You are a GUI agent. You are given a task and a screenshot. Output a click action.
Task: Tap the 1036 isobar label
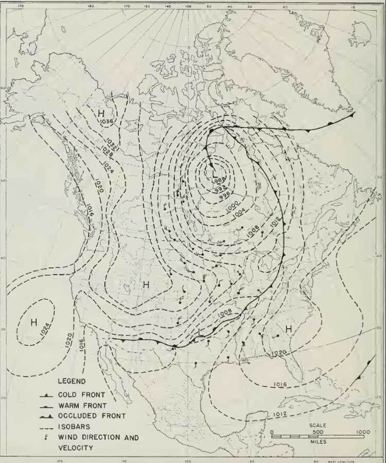click(x=107, y=121)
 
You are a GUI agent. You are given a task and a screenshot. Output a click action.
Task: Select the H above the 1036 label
click(x=101, y=113)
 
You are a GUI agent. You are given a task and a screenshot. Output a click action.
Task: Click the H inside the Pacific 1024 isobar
click(x=34, y=323)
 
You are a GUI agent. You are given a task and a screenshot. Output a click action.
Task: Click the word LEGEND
click(x=72, y=381)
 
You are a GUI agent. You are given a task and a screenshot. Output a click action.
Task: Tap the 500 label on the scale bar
click(x=317, y=432)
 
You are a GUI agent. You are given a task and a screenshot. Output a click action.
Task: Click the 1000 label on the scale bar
click(x=363, y=432)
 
